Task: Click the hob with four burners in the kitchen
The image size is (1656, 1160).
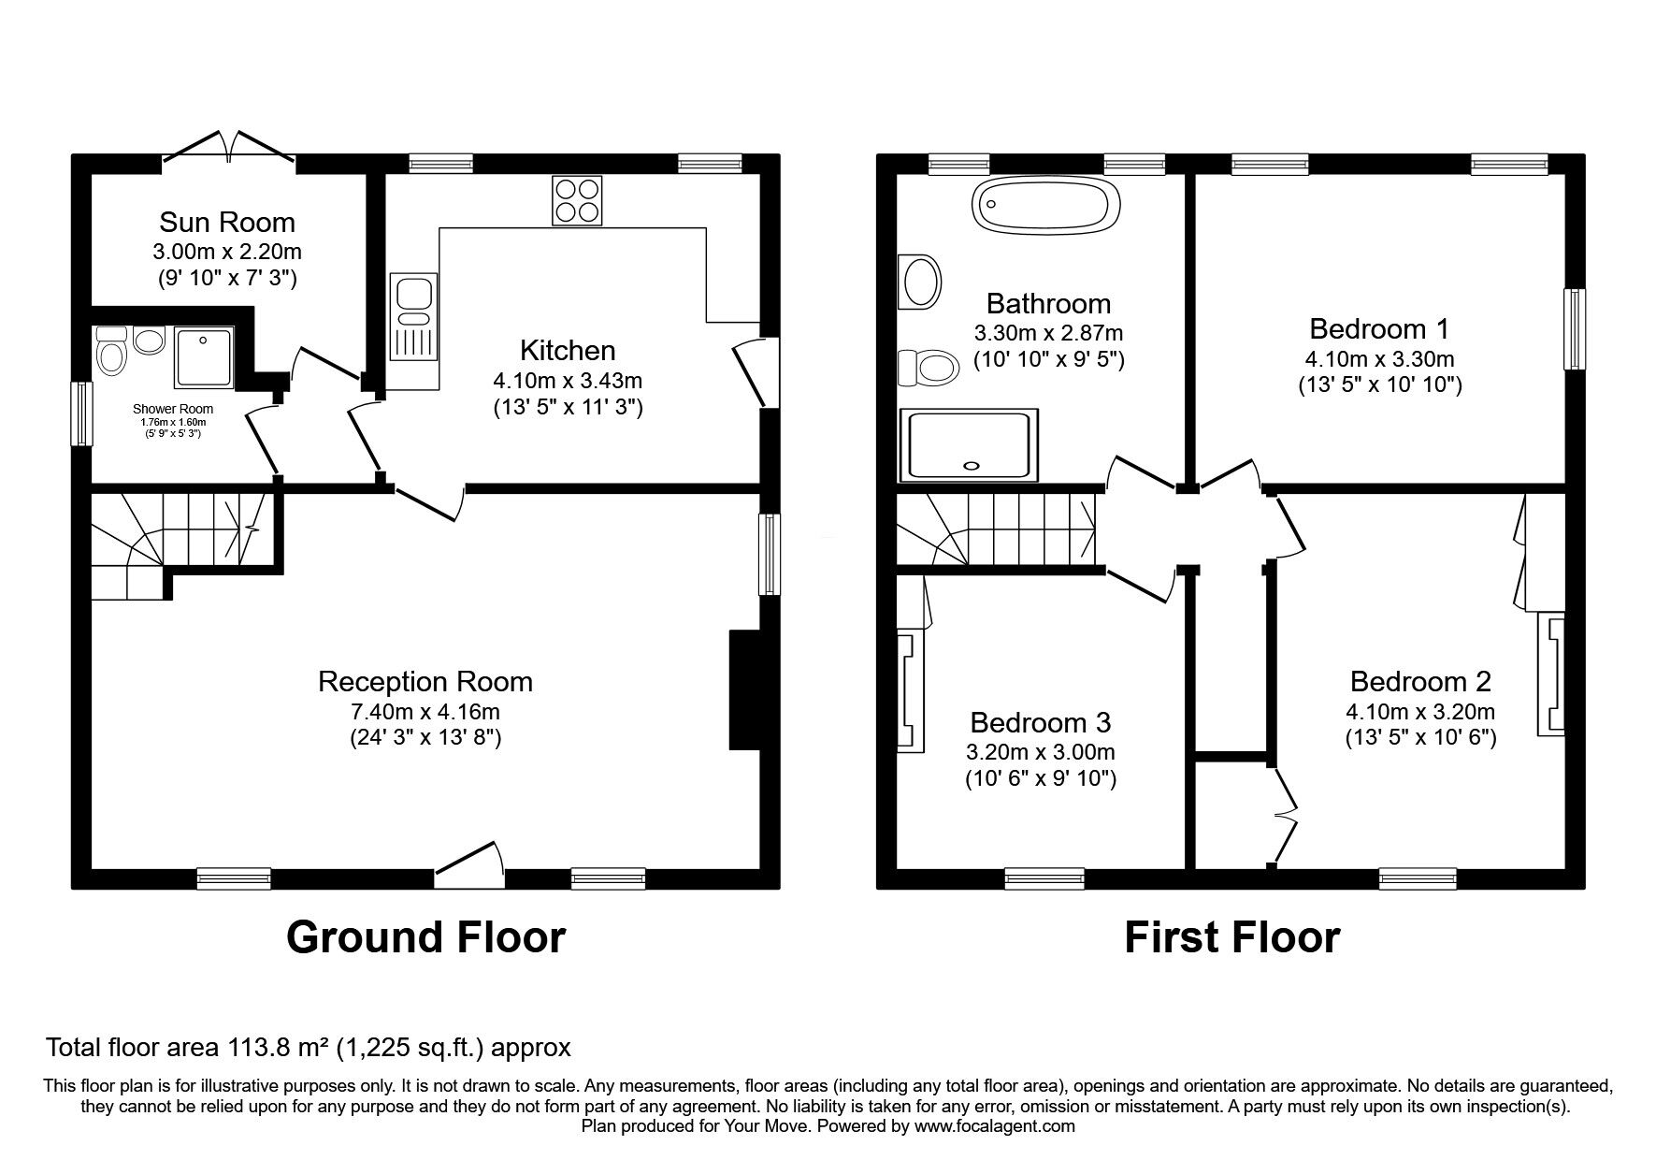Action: pyautogui.click(x=577, y=200)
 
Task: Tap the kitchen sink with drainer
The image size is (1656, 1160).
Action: pyautogui.click(x=413, y=317)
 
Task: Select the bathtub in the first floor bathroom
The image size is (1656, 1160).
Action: pyautogui.click(x=1045, y=204)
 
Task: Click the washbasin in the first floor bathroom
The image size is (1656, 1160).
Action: pyautogui.click(x=919, y=281)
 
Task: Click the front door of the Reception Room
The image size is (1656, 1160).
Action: pyautogui.click(x=470, y=864)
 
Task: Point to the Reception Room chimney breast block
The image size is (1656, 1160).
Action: pyautogui.click(x=746, y=689)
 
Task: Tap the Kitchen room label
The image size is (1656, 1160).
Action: pyautogui.click(x=568, y=350)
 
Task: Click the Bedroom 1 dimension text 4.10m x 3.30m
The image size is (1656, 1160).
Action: pyautogui.click(x=1379, y=358)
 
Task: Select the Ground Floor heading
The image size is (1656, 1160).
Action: pyautogui.click(x=425, y=936)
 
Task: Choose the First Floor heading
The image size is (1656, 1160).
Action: pyautogui.click(x=1231, y=936)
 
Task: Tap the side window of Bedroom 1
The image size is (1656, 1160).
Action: pyautogui.click(x=1576, y=329)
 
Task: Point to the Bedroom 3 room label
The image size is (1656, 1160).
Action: pyautogui.click(x=1041, y=722)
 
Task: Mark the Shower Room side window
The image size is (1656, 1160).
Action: pyautogui.click(x=82, y=413)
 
